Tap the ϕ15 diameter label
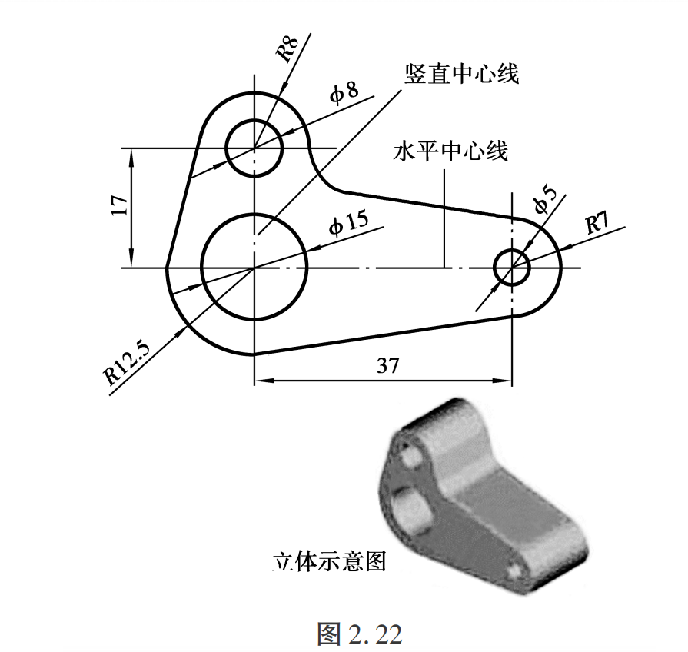[x=348, y=224]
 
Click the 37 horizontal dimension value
[x=388, y=365]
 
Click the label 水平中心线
[x=451, y=150]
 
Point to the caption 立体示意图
[x=329, y=561]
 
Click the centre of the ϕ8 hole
[x=254, y=147]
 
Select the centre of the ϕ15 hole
[x=254, y=267]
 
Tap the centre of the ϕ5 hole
[x=512, y=268]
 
